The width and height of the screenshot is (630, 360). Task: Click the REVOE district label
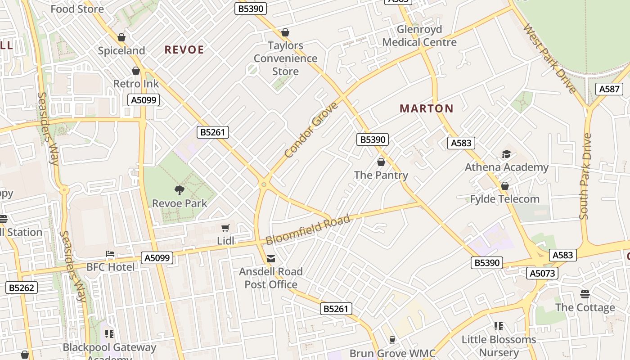click(184, 49)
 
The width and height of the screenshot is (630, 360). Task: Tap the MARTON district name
click(426, 108)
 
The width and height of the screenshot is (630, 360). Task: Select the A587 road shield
click(609, 89)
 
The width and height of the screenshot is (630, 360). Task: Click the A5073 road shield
click(542, 273)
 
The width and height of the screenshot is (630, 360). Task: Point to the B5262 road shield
click(22, 288)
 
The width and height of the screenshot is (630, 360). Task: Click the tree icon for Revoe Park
click(180, 190)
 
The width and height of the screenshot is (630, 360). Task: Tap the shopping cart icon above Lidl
click(225, 228)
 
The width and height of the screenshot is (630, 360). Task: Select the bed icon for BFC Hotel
click(110, 254)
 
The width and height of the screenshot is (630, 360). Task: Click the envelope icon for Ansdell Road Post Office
click(271, 259)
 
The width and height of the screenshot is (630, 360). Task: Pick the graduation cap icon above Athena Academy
click(506, 154)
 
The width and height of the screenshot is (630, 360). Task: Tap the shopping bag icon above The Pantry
click(381, 162)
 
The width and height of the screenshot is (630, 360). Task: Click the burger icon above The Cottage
click(585, 294)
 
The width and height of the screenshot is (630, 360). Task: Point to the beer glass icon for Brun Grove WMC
click(392, 340)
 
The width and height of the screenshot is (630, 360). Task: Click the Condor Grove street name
click(311, 130)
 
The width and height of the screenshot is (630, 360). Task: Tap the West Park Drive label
click(550, 58)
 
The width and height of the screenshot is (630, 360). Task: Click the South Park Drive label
click(585, 176)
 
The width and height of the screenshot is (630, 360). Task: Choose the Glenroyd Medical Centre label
click(419, 36)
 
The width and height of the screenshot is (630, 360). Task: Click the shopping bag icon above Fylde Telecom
click(504, 186)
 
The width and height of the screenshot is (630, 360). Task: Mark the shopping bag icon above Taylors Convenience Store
click(285, 32)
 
